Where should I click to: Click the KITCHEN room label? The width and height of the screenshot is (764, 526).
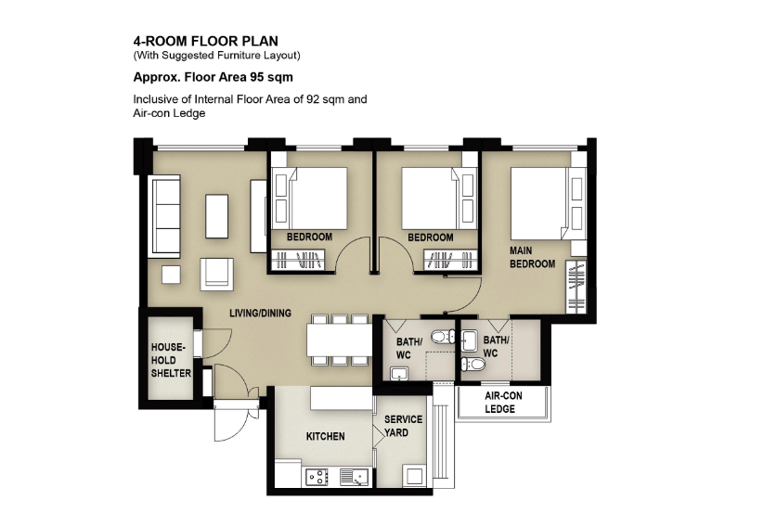325,436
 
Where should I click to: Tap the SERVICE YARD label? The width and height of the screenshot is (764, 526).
403,426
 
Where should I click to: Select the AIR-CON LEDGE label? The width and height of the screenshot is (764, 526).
503,403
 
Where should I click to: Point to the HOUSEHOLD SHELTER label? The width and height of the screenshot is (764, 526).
171,360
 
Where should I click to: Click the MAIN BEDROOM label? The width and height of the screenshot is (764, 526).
532,257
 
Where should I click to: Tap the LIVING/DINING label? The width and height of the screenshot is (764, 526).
260,314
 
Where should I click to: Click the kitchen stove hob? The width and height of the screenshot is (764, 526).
317,477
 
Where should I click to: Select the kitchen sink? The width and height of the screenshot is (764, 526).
355,477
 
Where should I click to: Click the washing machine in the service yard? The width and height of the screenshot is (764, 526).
414,475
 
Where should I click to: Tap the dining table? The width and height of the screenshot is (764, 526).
339,340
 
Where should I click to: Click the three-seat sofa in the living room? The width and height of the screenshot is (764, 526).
166,217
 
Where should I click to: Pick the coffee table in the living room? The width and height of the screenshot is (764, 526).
217,216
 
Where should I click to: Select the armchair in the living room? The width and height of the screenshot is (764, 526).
216,275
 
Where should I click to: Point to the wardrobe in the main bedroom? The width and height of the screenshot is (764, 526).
576,287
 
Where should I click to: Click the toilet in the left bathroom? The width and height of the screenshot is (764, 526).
444,337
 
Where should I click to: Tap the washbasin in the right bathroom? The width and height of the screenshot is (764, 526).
470,340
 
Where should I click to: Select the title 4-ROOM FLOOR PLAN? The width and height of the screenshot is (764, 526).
205,41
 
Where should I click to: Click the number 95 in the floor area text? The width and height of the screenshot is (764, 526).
256,77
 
